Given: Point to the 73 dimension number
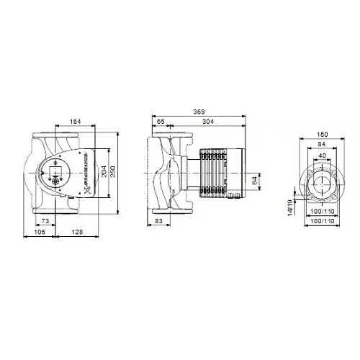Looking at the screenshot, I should [x=45, y=220].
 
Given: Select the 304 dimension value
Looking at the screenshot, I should [x=207, y=122].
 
